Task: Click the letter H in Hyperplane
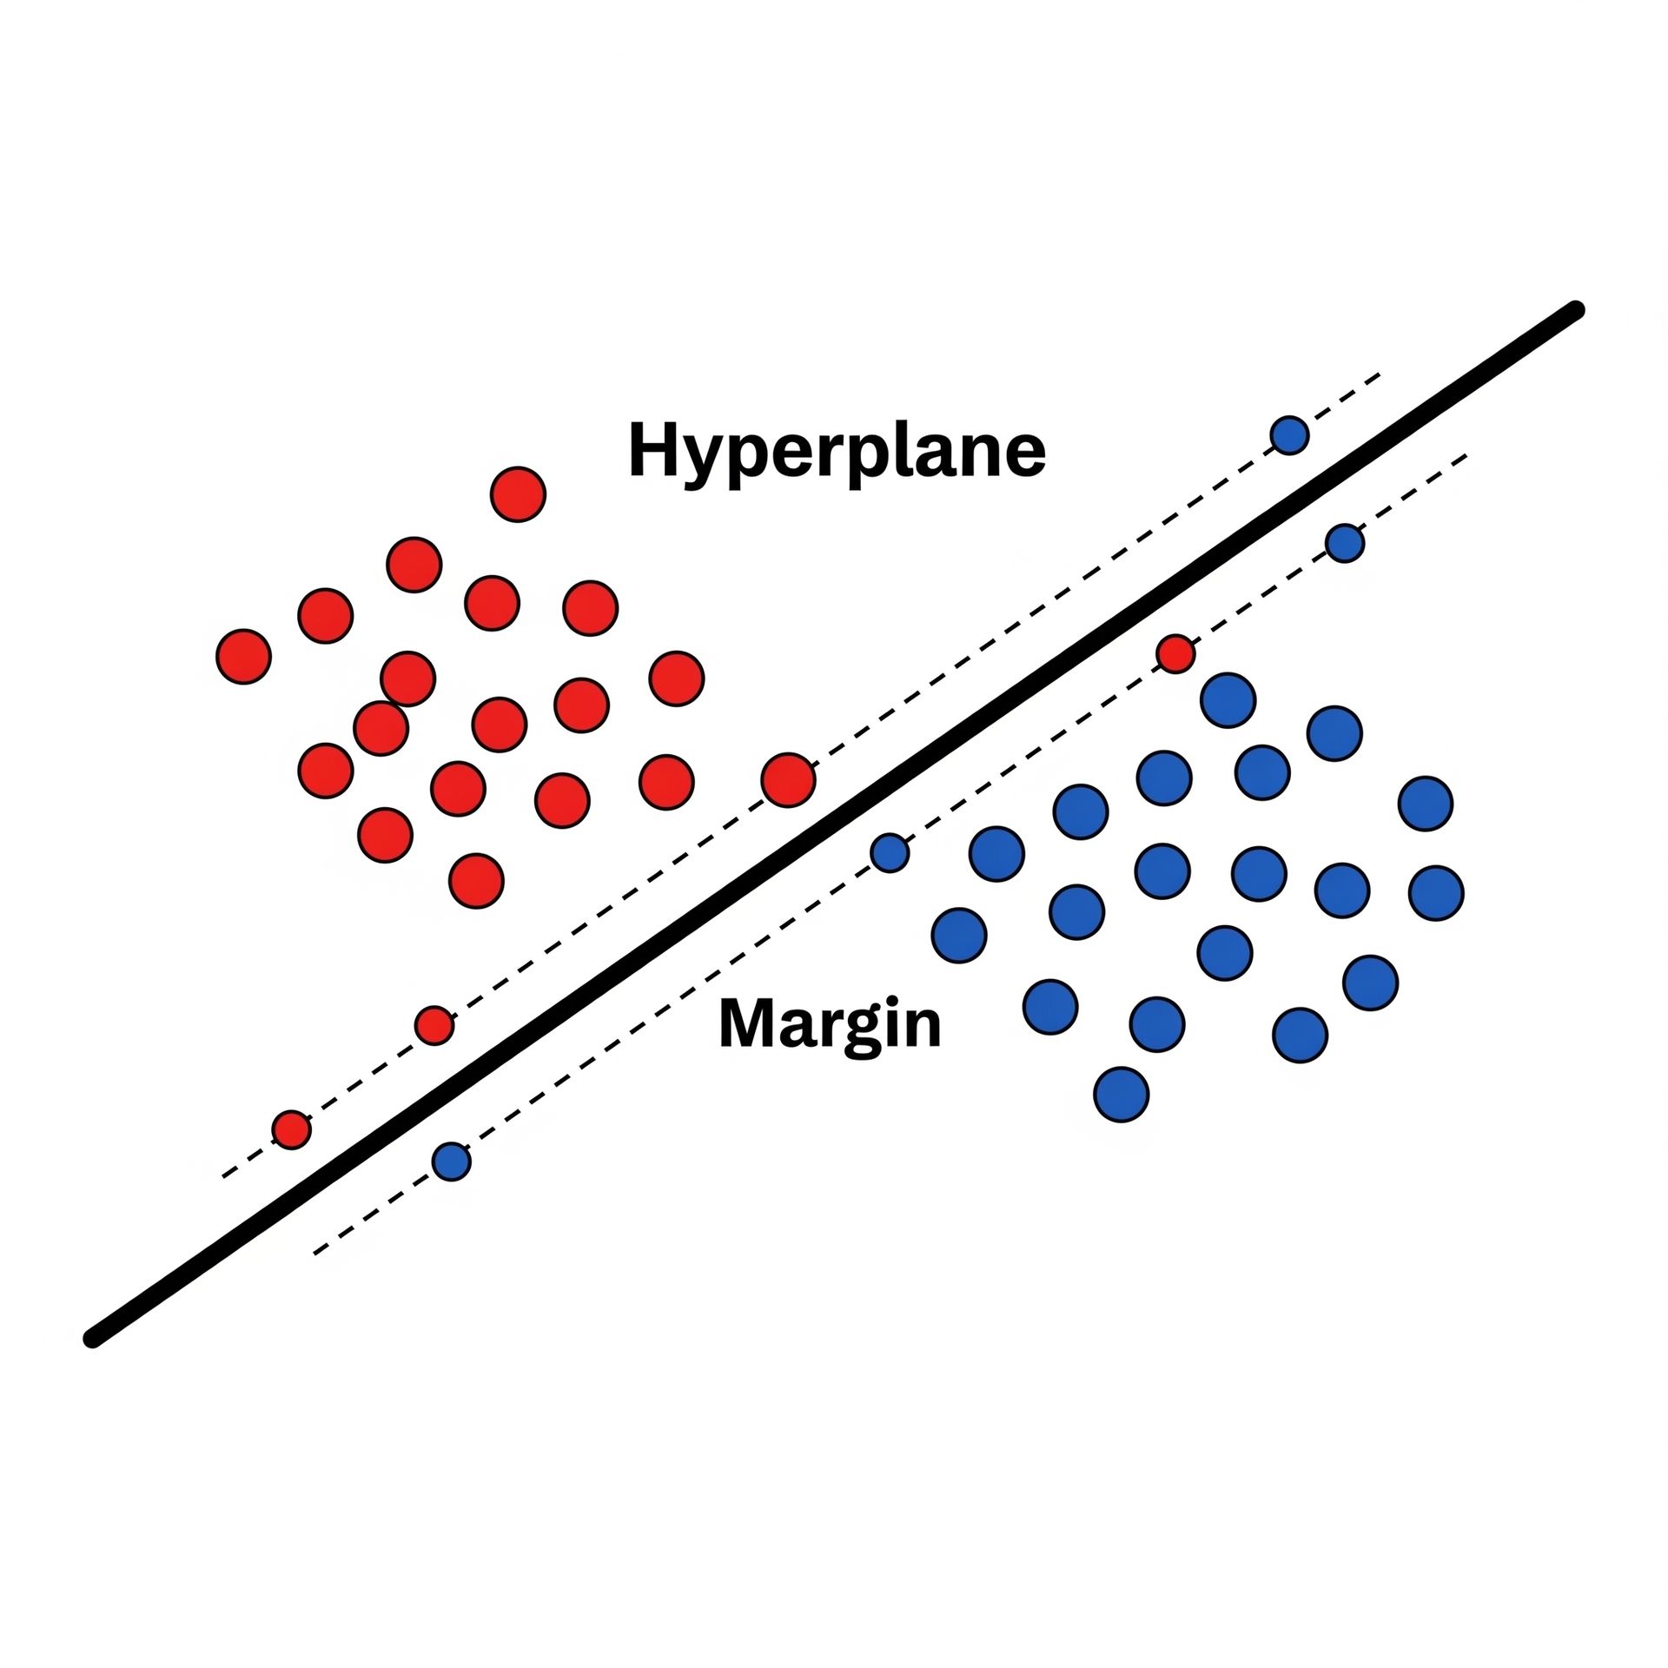651,449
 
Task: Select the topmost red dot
518,493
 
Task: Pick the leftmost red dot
243,657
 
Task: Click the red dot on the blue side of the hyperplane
1175,653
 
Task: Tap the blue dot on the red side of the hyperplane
1289,434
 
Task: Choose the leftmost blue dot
451,1161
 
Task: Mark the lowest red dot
291,1129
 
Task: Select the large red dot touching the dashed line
788,779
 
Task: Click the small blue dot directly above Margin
889,852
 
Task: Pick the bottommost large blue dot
1122,1095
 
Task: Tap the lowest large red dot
476,881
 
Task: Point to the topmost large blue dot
1228,699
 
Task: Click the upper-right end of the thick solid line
1576,309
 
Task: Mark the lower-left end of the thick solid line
92,1340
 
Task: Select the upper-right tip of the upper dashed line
1380,375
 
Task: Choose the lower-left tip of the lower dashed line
314,1253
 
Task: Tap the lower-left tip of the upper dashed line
223,1176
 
